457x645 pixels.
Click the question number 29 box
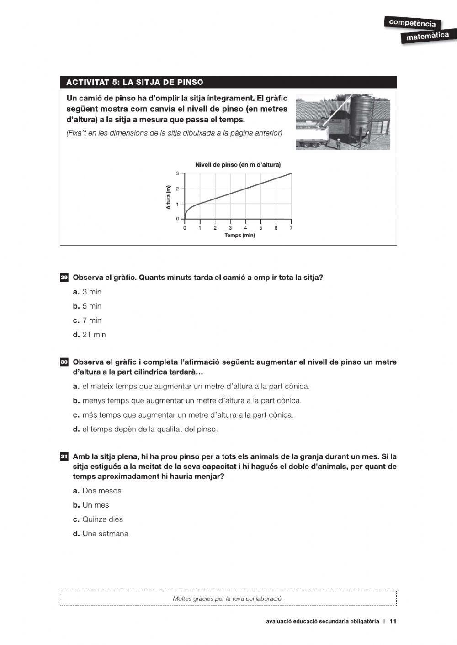click(64, 278)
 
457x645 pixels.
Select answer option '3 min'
click(87, 292)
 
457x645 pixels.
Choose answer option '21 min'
click(90, 335)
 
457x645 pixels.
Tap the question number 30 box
click(64, 362)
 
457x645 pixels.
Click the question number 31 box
click(64, 456)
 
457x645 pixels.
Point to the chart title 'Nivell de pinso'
click(238, 165)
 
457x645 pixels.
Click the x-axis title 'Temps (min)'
click(239, 236)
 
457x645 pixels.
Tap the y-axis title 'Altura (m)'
click(168, 197)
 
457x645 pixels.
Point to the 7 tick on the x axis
click(291, 228)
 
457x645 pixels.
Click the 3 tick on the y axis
click(177, 173)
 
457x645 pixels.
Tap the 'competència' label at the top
click(412, 23)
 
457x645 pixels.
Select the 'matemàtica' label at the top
click(427, 36)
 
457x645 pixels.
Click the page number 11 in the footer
click(393, 621)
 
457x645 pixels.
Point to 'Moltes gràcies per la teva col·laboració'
click(228, 598)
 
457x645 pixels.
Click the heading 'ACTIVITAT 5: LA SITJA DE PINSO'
click(135, 82)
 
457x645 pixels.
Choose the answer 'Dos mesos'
click(97, 491)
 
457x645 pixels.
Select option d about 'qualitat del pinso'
click(145, 429)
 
